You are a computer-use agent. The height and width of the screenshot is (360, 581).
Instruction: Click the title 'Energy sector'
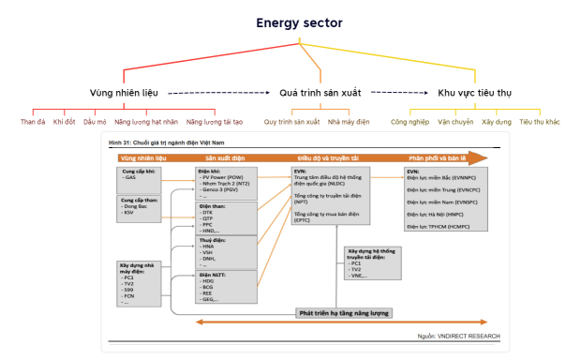coord(297,22)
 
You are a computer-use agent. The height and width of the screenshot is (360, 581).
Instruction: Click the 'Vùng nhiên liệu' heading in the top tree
coord(124,94)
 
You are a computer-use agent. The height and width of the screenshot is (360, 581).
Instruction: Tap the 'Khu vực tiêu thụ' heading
coord(474,94)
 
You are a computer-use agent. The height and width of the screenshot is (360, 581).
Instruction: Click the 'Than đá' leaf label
coord(34,122)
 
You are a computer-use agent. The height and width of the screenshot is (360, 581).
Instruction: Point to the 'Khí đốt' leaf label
coord(64,122)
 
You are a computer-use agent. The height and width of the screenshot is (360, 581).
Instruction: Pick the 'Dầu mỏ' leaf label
coord(95,122)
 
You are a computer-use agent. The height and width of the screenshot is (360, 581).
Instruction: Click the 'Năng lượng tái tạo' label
coord(214,122)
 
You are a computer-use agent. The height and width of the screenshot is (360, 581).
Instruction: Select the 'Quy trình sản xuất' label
coord(291,122)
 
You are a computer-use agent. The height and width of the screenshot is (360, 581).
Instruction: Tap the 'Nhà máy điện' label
coord(349,122)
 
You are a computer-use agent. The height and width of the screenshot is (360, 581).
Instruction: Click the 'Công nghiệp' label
coord(410,122)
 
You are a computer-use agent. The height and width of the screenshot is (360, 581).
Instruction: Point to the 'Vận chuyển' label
coord(457,122)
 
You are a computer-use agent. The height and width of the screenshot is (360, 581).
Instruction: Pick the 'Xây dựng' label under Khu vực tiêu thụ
coord(496,122)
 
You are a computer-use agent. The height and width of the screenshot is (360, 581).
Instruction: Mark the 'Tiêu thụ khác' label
coord(540,122)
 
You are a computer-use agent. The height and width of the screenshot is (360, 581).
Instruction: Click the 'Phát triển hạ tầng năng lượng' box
coord(343,312)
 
